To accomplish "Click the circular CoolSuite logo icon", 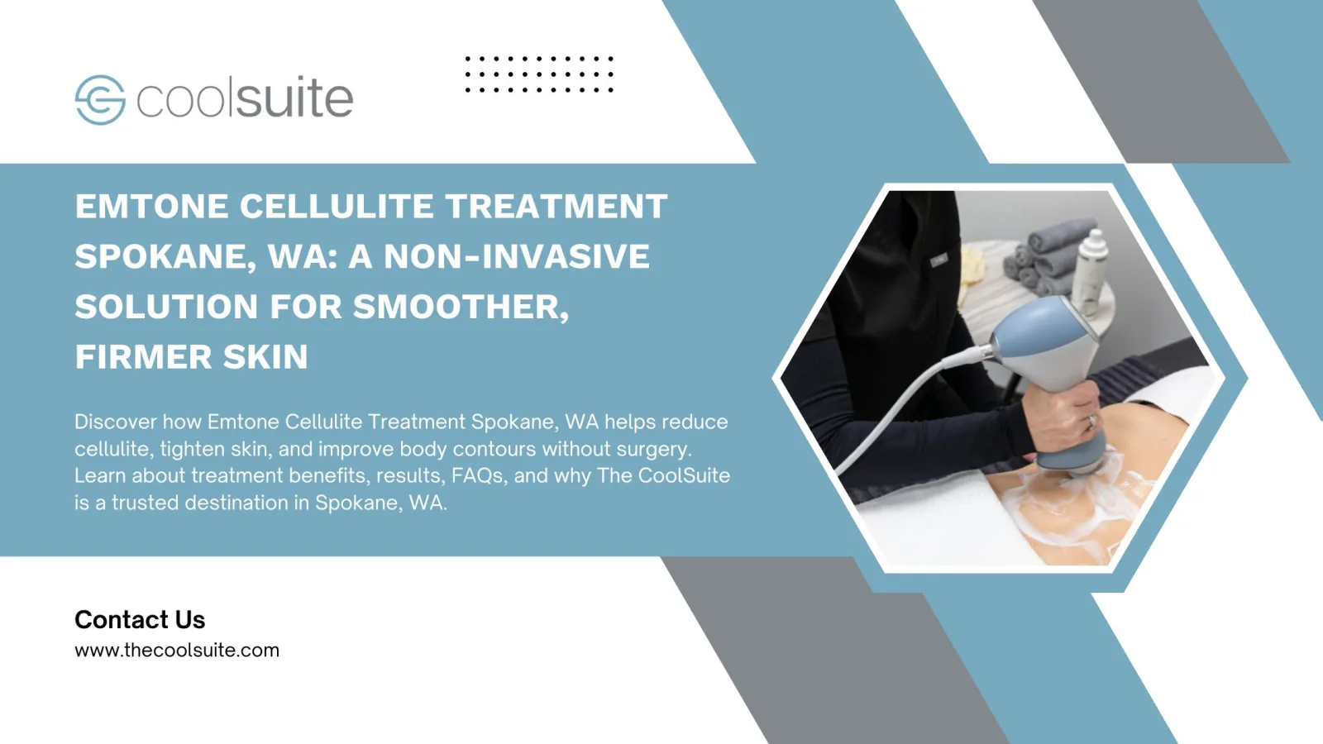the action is click(x=100, y=100).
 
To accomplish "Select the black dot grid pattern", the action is click(x=539, y=74).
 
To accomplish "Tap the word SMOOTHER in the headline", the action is click(x=461, y=307).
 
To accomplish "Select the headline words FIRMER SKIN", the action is click(x=191, y=356).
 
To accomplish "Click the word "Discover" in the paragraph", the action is click(x=116, y=422).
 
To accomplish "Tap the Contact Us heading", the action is click(x=140, y=619).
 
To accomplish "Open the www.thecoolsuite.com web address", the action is click(x=177, y=650).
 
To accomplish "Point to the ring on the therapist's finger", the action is click(x=1091, y=421).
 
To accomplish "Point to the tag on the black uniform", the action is click(x=939, y=260).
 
